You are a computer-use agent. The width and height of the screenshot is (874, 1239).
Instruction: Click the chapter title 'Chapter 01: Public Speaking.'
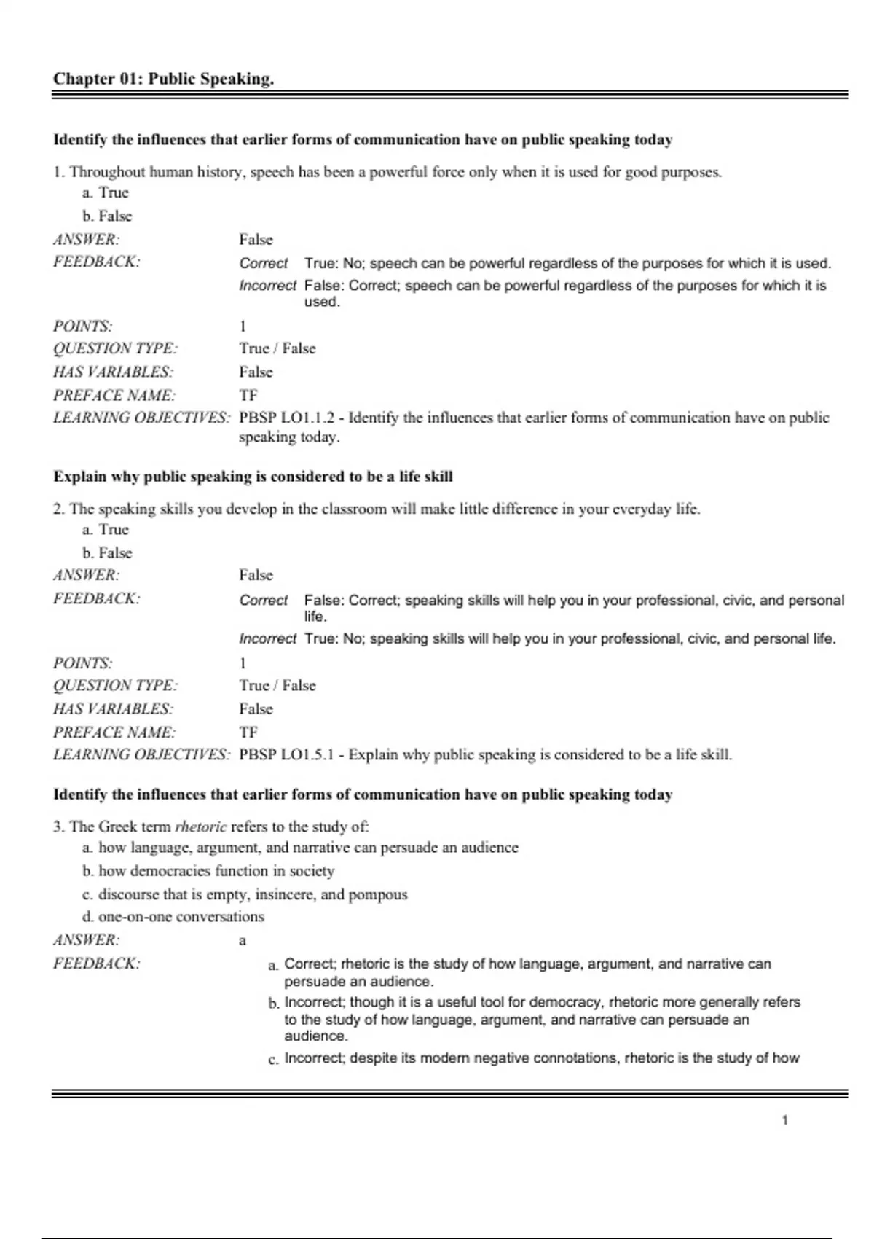(163, 79)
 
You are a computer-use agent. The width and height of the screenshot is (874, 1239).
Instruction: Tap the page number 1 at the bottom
(784, 1119)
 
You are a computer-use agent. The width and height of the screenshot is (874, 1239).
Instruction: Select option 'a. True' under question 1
(106, 192)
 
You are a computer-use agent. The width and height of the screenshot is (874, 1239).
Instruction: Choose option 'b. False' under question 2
(107, 552)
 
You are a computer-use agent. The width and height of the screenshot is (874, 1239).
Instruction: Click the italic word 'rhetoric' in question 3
(200, 826)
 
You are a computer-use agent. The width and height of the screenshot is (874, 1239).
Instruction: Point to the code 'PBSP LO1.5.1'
(286, 754)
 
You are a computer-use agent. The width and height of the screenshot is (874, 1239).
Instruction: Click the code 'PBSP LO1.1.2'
(287, 418)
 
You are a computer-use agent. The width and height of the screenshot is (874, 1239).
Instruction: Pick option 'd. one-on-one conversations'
(173, 916)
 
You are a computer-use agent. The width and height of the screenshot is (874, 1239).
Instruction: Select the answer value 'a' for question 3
(243, 941)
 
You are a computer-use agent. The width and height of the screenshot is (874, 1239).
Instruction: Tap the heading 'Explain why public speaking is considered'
(253, 477)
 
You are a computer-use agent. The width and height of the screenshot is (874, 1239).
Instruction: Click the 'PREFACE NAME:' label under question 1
(114, 395)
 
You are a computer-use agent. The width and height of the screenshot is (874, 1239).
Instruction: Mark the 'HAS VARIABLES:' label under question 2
(113, 708)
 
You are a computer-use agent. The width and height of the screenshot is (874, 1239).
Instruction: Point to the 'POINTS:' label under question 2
(82, 663)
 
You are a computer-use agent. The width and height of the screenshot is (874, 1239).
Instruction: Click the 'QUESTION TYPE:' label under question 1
(115, 348)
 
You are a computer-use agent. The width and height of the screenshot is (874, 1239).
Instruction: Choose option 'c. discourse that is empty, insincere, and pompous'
(245, 894)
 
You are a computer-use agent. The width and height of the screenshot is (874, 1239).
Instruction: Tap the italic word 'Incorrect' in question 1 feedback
(267, 286)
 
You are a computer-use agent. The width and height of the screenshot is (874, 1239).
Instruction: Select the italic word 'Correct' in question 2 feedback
(263, 601)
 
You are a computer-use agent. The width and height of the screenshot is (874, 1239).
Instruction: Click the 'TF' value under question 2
(248, 732)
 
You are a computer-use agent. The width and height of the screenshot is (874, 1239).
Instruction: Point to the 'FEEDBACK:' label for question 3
(96, 964)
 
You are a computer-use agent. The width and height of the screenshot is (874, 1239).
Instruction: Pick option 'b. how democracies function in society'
(208, 871)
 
